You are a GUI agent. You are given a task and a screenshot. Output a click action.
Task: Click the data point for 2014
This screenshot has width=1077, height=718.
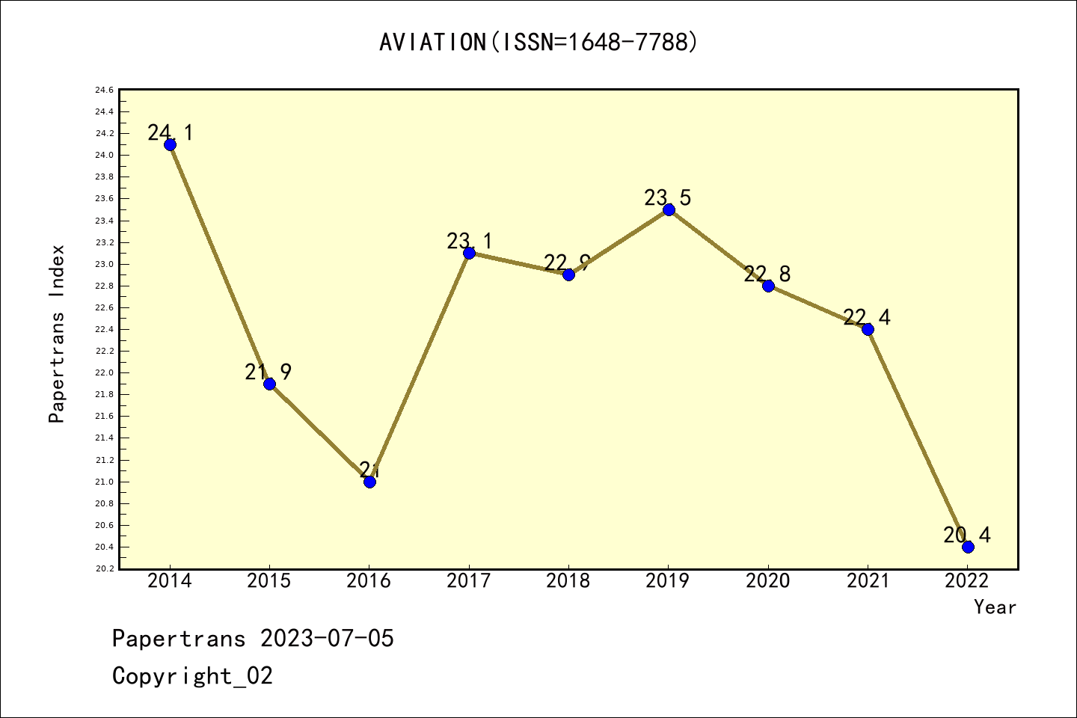170,144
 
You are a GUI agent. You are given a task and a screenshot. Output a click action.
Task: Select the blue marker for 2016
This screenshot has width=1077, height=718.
369,482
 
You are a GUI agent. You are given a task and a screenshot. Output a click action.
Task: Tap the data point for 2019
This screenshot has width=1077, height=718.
669,209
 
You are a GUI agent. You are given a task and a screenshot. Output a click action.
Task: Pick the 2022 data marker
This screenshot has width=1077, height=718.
968,547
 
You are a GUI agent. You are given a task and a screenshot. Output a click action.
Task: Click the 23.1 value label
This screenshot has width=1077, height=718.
470,241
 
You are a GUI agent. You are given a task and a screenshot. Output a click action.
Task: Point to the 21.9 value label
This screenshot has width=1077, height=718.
268,372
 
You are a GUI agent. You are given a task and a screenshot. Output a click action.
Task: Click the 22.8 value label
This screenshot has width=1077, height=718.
767,274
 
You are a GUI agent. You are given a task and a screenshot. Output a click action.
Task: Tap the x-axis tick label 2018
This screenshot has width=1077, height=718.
568,581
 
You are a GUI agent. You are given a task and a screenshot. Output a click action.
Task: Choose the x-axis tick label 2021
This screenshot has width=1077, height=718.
868,581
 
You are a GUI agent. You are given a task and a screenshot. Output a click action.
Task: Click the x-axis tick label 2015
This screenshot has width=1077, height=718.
269,581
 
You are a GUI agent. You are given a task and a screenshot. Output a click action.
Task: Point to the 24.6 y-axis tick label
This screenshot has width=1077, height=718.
104,90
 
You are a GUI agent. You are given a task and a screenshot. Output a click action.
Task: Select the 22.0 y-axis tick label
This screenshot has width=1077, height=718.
104,373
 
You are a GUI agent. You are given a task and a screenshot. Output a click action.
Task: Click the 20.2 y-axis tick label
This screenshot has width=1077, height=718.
104,569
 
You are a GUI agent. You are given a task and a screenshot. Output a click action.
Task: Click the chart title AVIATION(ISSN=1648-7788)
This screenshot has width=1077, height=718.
538,42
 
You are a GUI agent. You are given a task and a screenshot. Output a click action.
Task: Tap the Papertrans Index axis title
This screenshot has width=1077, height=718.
57,334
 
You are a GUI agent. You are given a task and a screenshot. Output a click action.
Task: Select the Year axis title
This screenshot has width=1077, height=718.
995,607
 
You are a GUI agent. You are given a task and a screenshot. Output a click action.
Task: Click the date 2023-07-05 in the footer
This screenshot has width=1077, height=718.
327,639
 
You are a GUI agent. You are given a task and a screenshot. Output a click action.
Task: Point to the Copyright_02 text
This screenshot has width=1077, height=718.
192,676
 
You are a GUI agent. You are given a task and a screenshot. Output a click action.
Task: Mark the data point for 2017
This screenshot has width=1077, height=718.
469,253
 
